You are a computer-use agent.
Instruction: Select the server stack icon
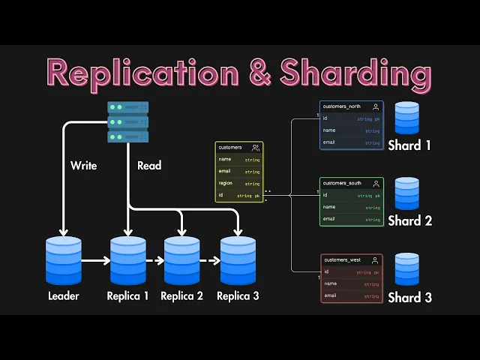[x=127, y=123]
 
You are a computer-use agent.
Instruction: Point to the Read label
[x=148, y=165]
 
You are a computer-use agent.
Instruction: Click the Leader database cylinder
[x=64, y=260]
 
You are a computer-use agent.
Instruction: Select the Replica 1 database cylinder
[x=128, y=260]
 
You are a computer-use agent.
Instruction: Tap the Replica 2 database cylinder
[x=182, y=260]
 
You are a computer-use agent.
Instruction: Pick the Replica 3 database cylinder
[x=238, y=260]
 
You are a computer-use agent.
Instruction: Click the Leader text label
[x=63, y=295]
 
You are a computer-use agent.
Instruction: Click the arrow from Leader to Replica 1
[x=96, y=261]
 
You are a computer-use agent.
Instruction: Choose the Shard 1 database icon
[x=407, y=118]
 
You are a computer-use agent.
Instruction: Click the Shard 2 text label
[x=409, y=221]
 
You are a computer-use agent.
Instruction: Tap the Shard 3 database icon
[x=407, y=268]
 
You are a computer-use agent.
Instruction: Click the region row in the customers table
[x=239, y=183]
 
